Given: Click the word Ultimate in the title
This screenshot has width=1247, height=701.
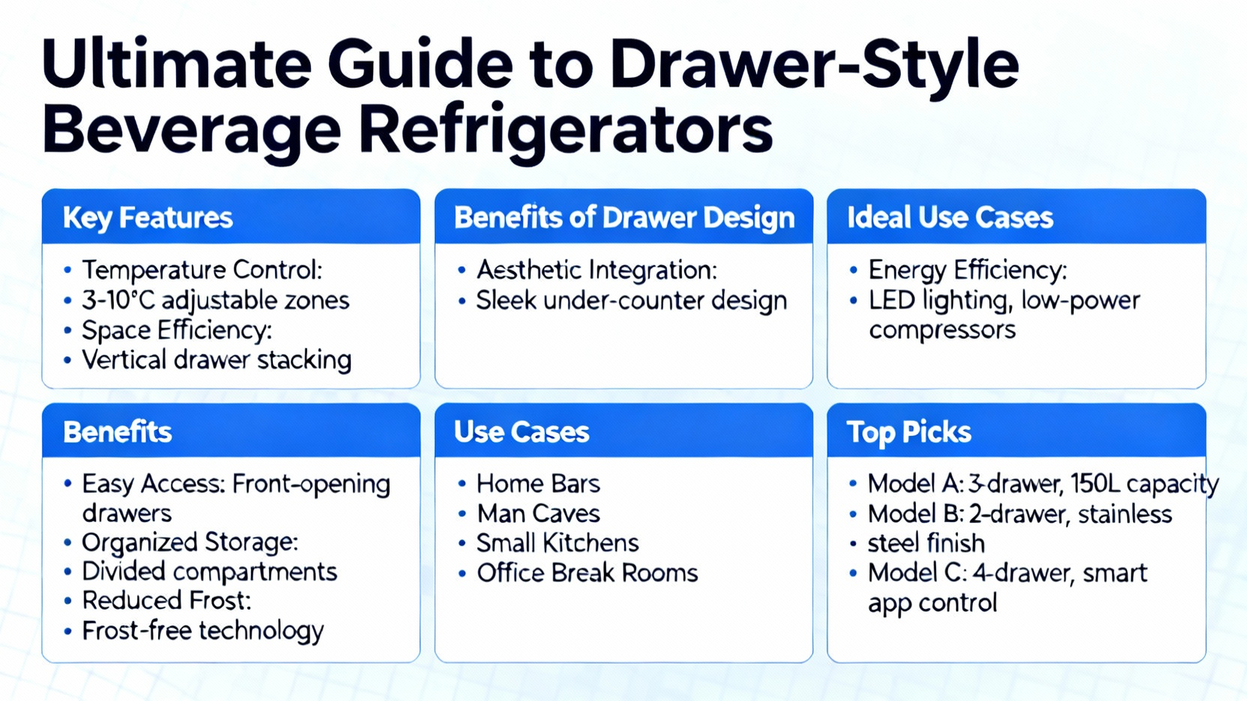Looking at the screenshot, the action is (x=177, y=63).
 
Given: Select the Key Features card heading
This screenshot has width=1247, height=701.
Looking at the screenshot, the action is (x=147, y=217).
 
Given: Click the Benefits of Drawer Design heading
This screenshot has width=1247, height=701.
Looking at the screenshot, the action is (x=624, y=217).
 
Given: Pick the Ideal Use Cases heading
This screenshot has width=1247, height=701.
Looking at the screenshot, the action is (x=950, y=217).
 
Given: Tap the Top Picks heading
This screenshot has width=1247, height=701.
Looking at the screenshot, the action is (x=909, y=432).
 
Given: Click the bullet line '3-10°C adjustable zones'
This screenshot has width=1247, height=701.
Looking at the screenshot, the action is (x=215, y=301).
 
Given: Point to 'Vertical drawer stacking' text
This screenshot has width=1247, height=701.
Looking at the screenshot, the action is (x=217, y=359).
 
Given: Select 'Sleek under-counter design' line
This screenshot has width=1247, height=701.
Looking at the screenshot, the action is (x=631, y=301).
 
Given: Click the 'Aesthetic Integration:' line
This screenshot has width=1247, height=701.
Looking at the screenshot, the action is (x=597, y=269).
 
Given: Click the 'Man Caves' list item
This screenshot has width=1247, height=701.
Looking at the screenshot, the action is (x=539, y=513).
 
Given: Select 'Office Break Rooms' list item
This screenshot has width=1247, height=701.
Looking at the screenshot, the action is (x=588, y=573).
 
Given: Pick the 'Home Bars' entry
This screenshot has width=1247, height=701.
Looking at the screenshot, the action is (x=539, y=484).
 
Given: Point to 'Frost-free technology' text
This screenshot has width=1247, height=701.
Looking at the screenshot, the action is (x=203, y=632).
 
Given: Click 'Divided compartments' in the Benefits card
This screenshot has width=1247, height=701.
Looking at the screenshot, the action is (x=210, y=572).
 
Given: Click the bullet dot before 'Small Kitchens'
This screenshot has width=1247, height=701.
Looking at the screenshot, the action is (x=461, y=543).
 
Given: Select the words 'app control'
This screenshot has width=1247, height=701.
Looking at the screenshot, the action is (x=932, y=604).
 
